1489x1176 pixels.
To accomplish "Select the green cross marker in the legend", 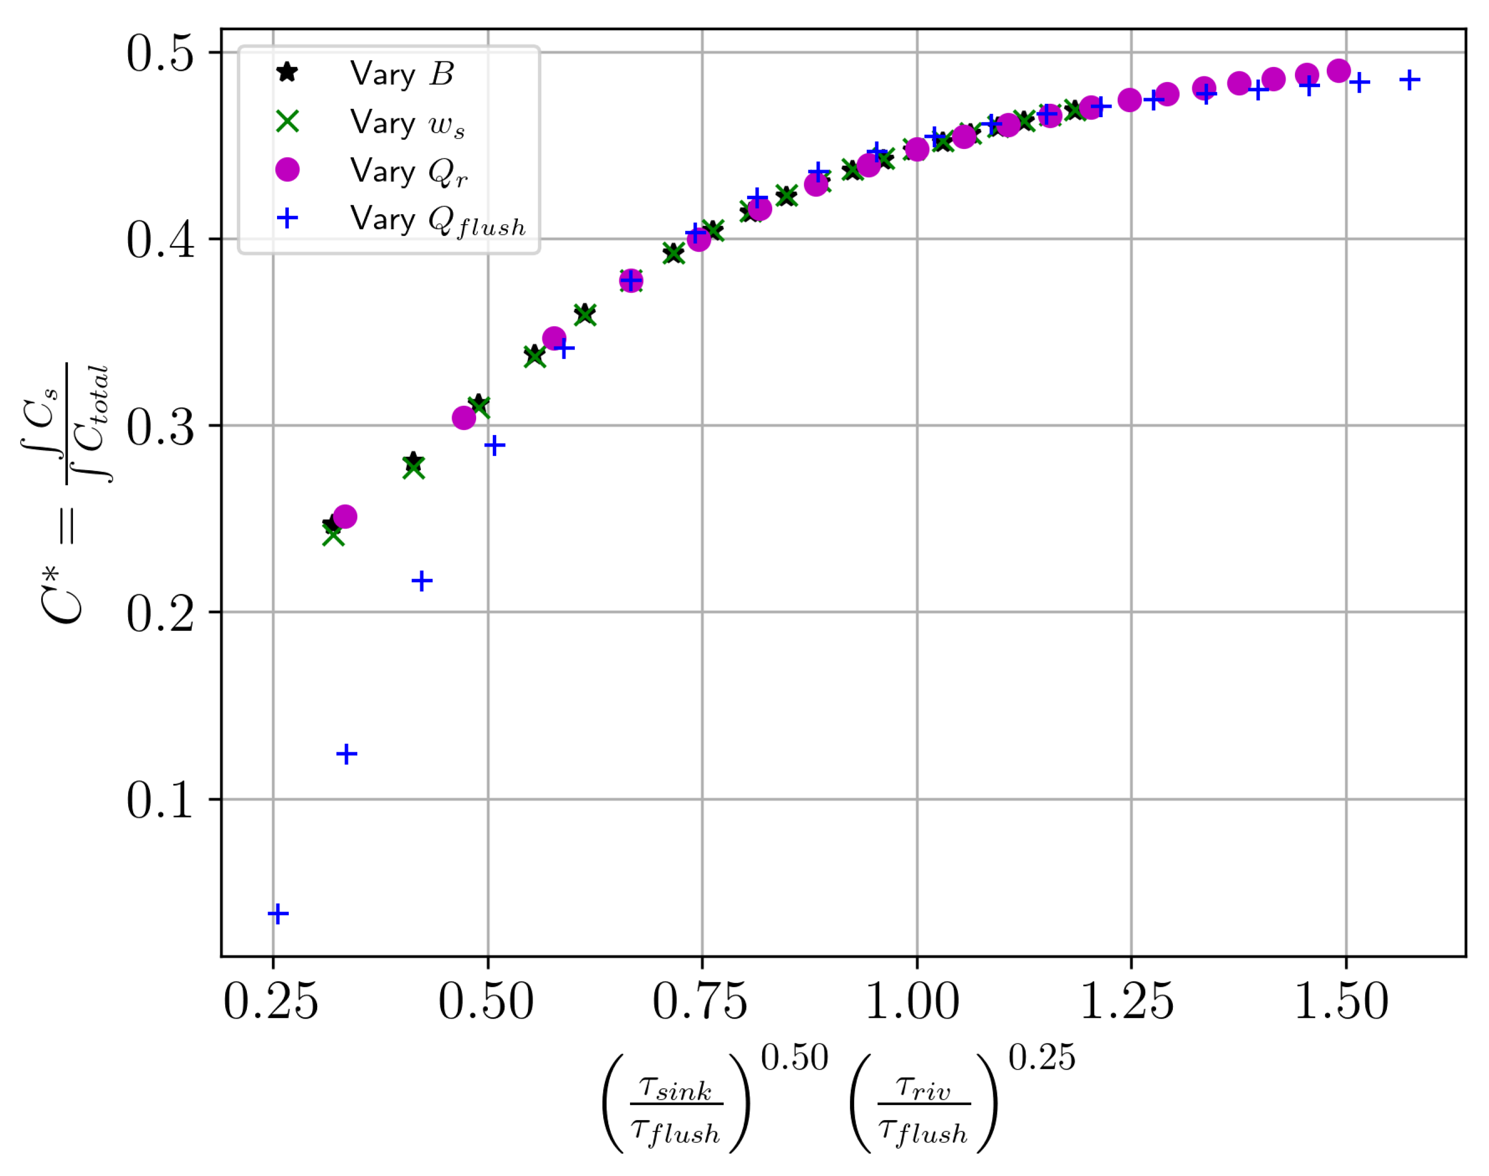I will (x=287, y=122).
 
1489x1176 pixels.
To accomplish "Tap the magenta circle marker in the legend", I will (x=287, y=170).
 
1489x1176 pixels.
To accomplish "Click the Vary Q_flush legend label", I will (x=437, y=220).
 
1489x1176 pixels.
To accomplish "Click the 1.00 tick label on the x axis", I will (x=911, y=1002).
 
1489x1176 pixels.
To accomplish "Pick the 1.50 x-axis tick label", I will (x=1341, y=1002).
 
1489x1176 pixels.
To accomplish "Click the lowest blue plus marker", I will (x=278, y=914).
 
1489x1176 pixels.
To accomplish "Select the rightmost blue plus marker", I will (x=1409, y=80).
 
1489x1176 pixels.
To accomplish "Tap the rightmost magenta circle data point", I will (x=1337, y=70).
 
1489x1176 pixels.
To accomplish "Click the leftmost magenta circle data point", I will (x=345, y=516).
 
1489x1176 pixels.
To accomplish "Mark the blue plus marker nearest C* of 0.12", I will (x=347, y=754).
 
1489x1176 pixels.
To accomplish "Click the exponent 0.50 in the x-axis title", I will (x=794, y=1058).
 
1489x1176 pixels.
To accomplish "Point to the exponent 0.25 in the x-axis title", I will (x=1041, y=1058).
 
